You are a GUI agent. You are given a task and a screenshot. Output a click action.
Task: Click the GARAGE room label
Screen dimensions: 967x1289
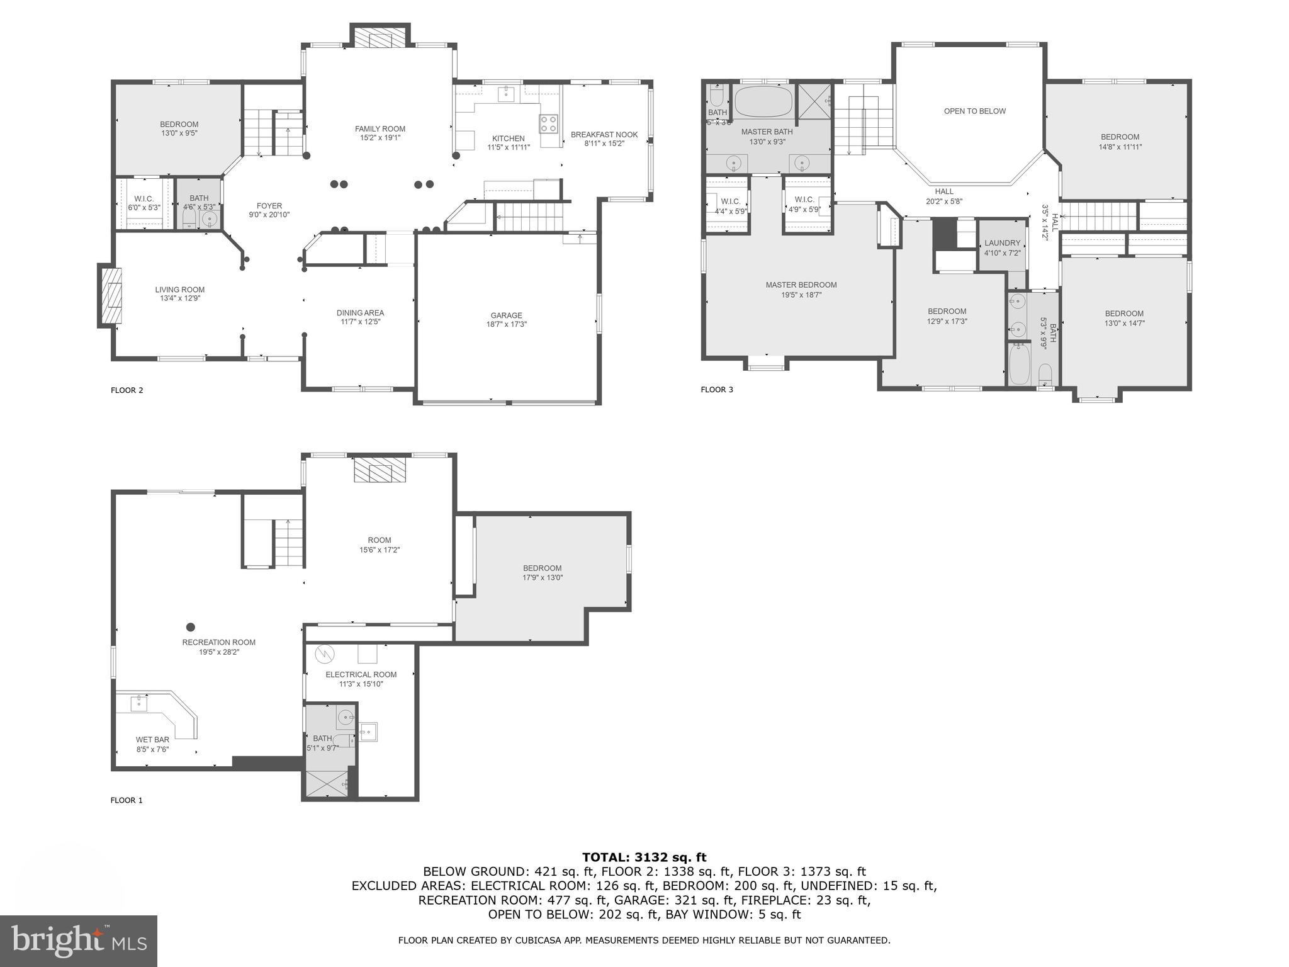[x=506, y=315]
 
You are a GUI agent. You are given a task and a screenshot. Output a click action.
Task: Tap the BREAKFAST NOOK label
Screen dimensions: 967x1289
[x=604, y=135]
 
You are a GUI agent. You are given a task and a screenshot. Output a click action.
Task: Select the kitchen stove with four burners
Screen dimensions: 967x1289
[x=548, y=123]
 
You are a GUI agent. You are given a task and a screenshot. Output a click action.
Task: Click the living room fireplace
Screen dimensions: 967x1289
[x=111, y=296]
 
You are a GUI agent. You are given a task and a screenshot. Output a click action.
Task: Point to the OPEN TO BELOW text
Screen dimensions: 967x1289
[x=974, y=111]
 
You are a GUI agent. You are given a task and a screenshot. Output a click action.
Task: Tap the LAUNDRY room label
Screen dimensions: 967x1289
[x=1002, y=243]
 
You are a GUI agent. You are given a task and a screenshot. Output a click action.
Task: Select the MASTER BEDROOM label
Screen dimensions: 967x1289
[x=801, y=285]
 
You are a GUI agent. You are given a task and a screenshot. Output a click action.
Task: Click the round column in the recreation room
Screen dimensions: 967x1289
[x=191, y=627]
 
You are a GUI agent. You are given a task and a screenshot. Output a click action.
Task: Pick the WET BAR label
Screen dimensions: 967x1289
[x=152, y=740]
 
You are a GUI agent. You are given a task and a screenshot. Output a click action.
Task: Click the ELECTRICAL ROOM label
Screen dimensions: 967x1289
[x=361, y=674]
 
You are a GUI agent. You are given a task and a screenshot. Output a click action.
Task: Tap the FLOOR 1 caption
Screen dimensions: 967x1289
[x=127, y=800]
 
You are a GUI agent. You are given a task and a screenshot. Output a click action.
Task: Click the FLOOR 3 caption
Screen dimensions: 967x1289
[x=716, y=390]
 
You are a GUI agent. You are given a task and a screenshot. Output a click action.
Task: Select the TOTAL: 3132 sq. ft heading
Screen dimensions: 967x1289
[x=644, y=857]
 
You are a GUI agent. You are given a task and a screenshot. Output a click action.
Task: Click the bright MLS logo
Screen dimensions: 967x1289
[x=78, y=941]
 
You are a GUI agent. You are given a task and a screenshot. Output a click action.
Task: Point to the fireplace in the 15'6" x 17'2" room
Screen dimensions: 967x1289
[x=380, y=470]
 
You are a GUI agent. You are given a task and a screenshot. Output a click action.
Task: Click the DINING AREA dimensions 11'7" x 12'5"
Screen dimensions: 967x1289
[x=360, y=322]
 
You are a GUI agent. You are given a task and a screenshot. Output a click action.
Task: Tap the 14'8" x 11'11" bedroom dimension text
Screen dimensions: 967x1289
[x=1120, y=147]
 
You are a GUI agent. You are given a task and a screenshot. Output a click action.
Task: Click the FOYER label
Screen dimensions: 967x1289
[x=269, y=206]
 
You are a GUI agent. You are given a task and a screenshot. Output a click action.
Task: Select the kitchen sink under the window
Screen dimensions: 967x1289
[x=507, y=94]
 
